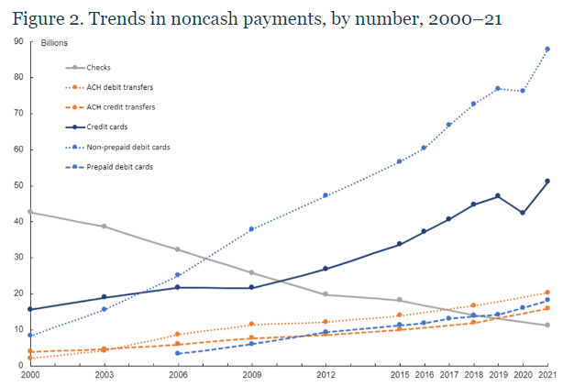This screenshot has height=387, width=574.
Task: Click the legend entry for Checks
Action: coord(98,67)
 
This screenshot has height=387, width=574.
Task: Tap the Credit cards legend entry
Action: coord(107,127)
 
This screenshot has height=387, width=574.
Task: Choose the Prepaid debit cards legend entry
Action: coord(119,166)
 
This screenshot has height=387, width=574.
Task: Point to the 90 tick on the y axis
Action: coord(18,41)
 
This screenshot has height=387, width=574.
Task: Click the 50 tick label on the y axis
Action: coord(18,185)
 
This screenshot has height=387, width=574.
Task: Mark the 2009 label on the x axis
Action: coord(251,376)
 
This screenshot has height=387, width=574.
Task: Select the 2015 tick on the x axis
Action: coord(399,376)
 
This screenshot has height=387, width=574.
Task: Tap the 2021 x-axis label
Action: coord(546,376)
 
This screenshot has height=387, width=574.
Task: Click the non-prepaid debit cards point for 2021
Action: coord(546,50)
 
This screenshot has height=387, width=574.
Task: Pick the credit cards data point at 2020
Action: coord(523,213)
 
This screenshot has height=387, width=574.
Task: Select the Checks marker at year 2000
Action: coord(30,212)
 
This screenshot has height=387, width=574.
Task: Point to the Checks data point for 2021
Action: coord(546,325)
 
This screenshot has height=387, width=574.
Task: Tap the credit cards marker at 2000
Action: coord(30,309)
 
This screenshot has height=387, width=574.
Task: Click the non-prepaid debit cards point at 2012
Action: coord(326,195)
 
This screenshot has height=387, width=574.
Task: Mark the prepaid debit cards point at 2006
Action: coord(177,353)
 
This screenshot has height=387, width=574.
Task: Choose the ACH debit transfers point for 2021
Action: coord(546,293)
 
